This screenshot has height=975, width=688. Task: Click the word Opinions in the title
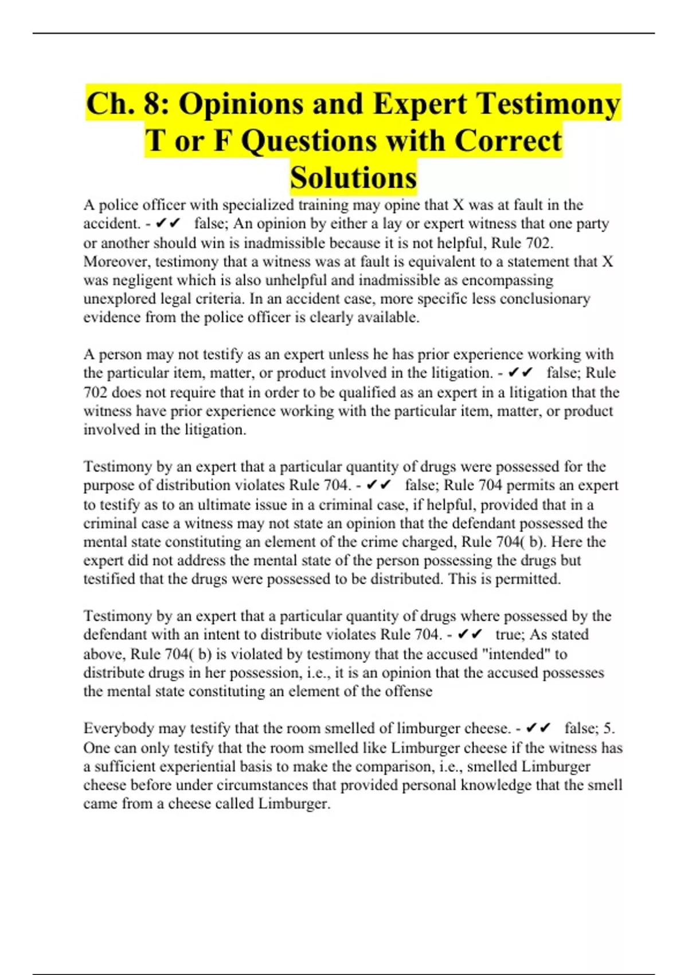click(x=241, y=104)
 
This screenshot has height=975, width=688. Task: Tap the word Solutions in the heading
click(x=353, y=177)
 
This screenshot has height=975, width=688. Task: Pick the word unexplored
click(x=114, y=299)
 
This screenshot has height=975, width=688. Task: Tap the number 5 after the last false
click(x=608, y=728)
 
